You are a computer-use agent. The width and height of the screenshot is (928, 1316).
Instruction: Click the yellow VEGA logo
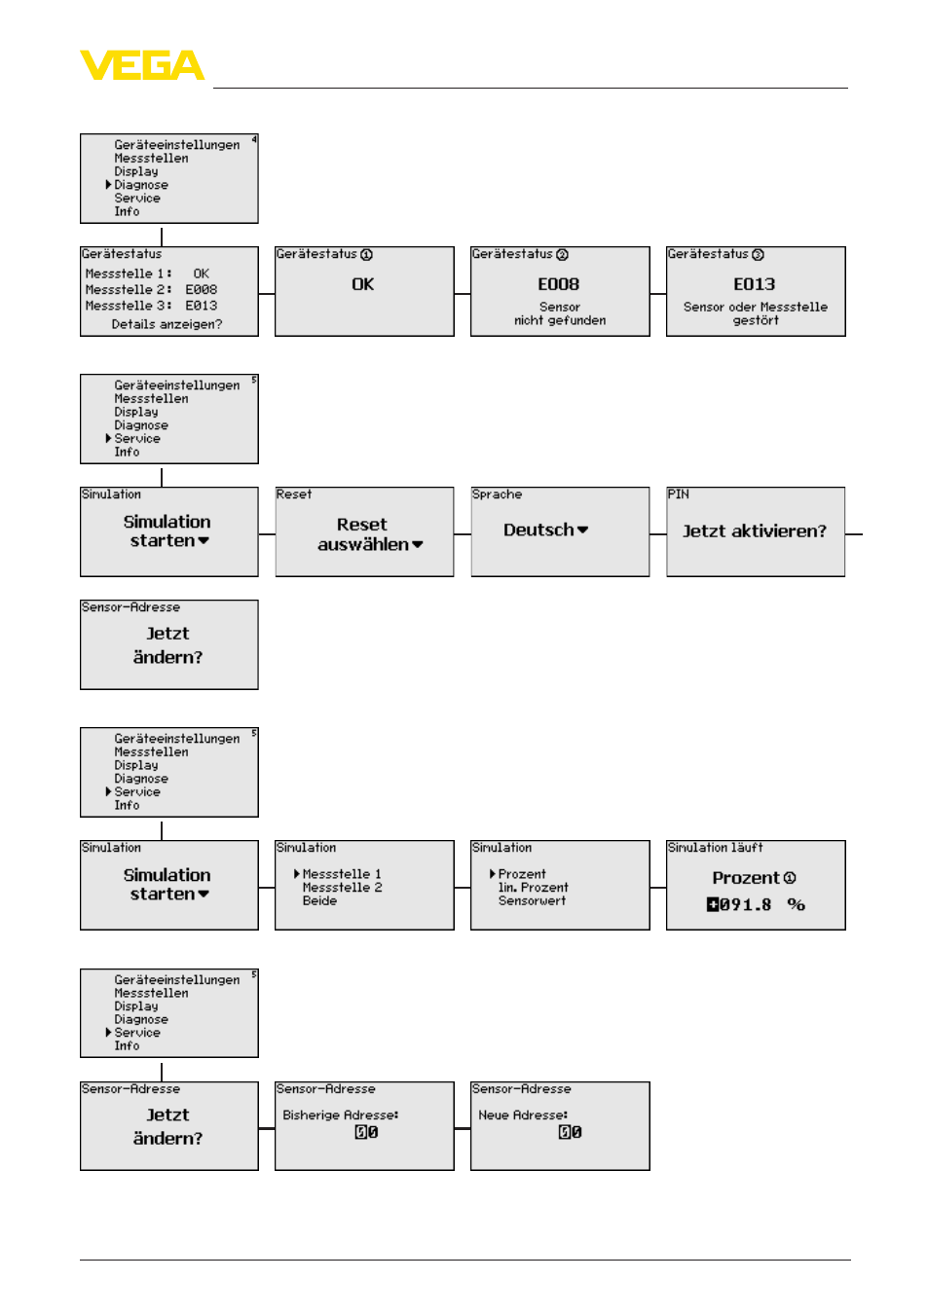click(x=142, y=64)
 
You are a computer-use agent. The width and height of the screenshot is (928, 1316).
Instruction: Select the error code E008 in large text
click(x=558, y=284)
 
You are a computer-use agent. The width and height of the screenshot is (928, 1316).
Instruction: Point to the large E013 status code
click(x=754, y=284)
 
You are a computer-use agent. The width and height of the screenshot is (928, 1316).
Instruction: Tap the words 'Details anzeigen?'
click(x=167, y=324)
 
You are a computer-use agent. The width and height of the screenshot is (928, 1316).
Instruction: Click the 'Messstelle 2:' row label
click(x=129, y=290)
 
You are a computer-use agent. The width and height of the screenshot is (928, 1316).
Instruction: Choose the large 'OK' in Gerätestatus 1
click(x=362, y=284)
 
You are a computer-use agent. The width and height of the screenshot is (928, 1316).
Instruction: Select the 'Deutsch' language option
click(x=538, y=530)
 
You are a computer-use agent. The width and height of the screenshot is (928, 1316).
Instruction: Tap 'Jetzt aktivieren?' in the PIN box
click(x=755, y=531)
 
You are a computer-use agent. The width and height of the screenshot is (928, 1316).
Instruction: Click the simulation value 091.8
click(x=745, y=905)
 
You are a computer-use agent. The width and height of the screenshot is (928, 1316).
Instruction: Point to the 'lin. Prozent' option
click(x=533, y=887)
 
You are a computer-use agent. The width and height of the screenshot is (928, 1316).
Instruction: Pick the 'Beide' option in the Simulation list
click(x=319, y=900)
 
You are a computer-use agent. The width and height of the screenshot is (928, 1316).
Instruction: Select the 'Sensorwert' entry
click(x=532, y=900)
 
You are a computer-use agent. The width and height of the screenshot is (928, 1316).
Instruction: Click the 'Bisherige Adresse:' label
click(x=340, y=1115)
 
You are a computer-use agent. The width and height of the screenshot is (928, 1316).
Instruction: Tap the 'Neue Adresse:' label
click(x=523, y=1115)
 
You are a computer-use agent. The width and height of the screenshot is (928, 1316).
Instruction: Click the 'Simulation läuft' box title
click(x=716, y=847)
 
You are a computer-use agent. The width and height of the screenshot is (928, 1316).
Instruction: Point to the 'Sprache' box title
click(x=497, y=494)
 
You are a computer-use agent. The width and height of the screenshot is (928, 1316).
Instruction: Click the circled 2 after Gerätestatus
click(x=562, y=254)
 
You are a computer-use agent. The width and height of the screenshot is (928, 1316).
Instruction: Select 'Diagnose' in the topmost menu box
click(x=141, y=185)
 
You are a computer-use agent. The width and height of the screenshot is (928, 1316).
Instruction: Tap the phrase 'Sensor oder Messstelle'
click(x=756, y=307)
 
